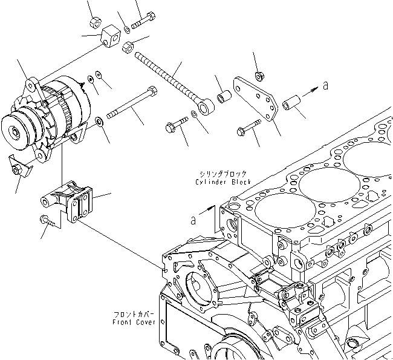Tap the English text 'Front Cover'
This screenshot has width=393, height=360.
pyautogui.click(x=134, y=322)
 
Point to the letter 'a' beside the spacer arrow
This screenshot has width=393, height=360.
pyautogui.click(x=326, y=86)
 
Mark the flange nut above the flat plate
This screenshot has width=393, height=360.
pyautogui.click(x=258, y=76)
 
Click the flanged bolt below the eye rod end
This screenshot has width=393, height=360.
pyautogui.click(x=175, y=125)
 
